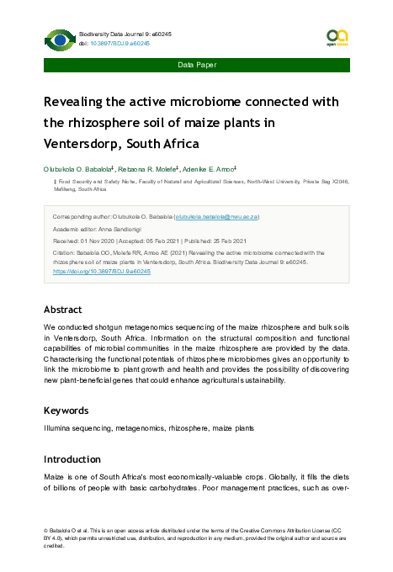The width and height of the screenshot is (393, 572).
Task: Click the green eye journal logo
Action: [59, 39]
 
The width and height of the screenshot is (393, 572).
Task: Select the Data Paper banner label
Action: [196, 65]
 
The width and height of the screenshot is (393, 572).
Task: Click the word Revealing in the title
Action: [79, 102]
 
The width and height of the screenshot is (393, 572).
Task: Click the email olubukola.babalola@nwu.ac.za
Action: [216, 216]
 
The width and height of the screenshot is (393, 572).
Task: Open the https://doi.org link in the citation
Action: [101, 272]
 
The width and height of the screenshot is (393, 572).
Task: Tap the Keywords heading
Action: [66, 410]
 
